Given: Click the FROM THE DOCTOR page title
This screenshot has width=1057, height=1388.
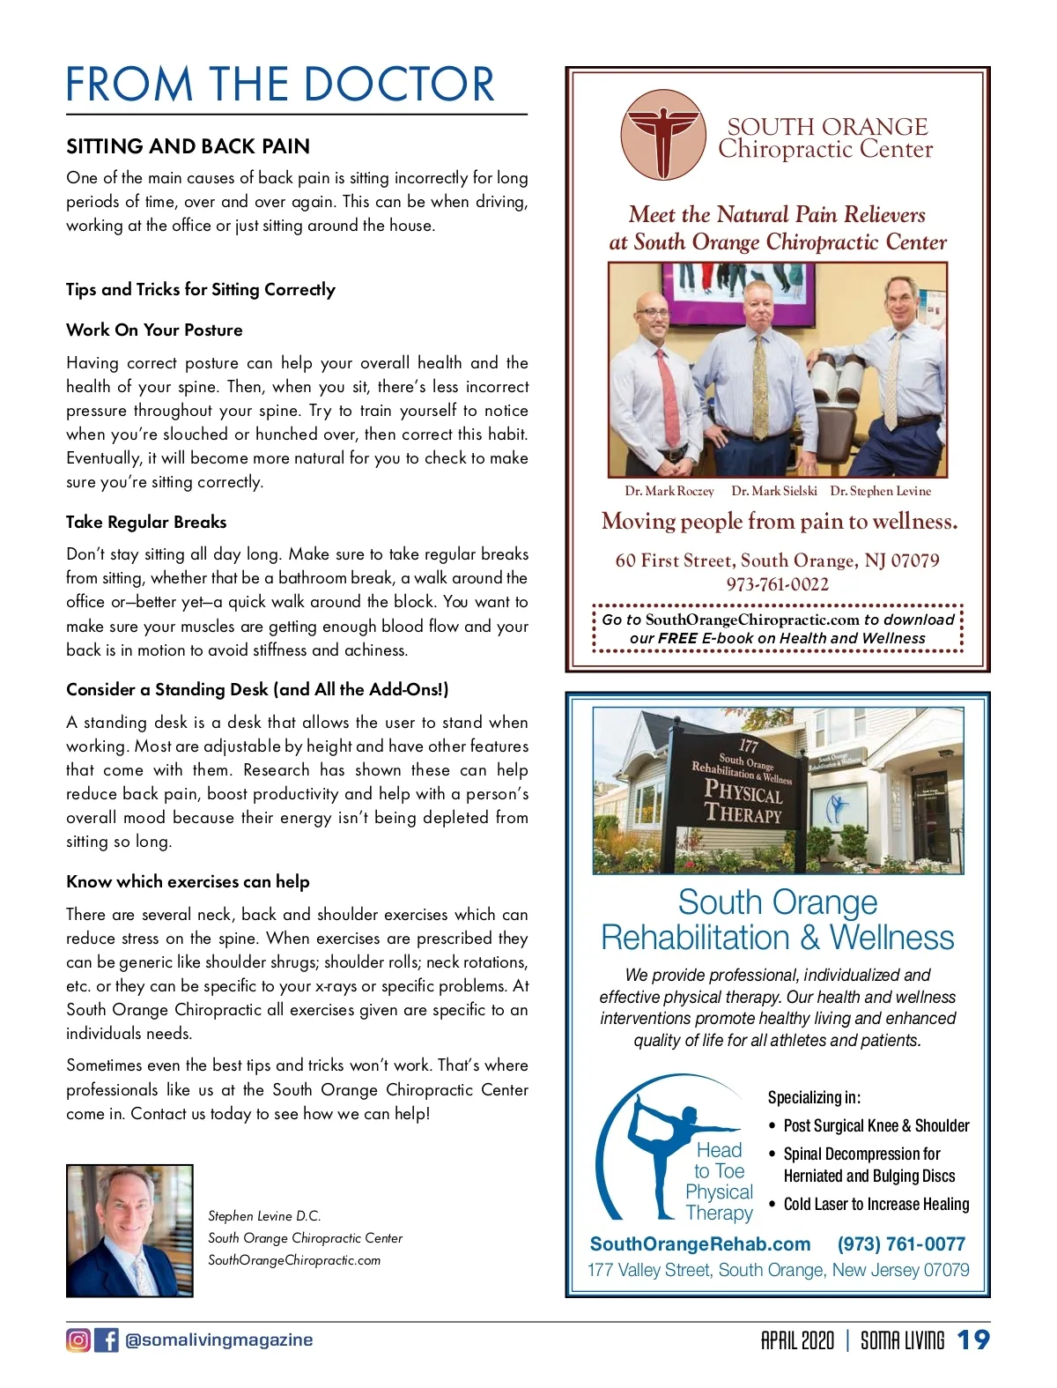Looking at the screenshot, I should (x=280, y=85).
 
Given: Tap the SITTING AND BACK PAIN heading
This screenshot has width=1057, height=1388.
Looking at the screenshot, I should (x=188, y=146).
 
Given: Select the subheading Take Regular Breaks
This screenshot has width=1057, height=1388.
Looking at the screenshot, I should (x=146, y=522).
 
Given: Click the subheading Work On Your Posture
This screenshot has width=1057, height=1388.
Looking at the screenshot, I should (x=154, y=330).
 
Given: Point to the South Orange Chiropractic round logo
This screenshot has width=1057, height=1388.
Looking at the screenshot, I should (x=663, y=134).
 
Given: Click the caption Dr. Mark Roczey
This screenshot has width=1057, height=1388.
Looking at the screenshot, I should (x=669, y=491).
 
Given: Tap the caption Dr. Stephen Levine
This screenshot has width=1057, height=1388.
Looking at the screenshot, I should (x=880, y=491).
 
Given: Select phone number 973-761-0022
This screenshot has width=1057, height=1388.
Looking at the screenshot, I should (x=777, y=583).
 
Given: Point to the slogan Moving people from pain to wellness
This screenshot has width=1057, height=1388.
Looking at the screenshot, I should (x=779, y=522).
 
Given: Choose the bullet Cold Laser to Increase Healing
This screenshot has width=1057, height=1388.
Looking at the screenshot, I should (x=876, y=1204).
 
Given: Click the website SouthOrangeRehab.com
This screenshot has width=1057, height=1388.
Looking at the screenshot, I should (x=700, y=1243).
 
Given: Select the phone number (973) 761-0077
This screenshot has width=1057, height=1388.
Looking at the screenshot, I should (x=901, y=1243).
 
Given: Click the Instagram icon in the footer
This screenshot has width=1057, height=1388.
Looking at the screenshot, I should (x=78, y=1340).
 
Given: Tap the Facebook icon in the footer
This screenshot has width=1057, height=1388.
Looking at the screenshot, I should (x=106, y=1340).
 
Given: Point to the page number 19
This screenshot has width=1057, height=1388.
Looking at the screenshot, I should (x=973, y=1340).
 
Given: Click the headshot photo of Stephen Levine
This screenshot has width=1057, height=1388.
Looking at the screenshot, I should (x=129, y=1230).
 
